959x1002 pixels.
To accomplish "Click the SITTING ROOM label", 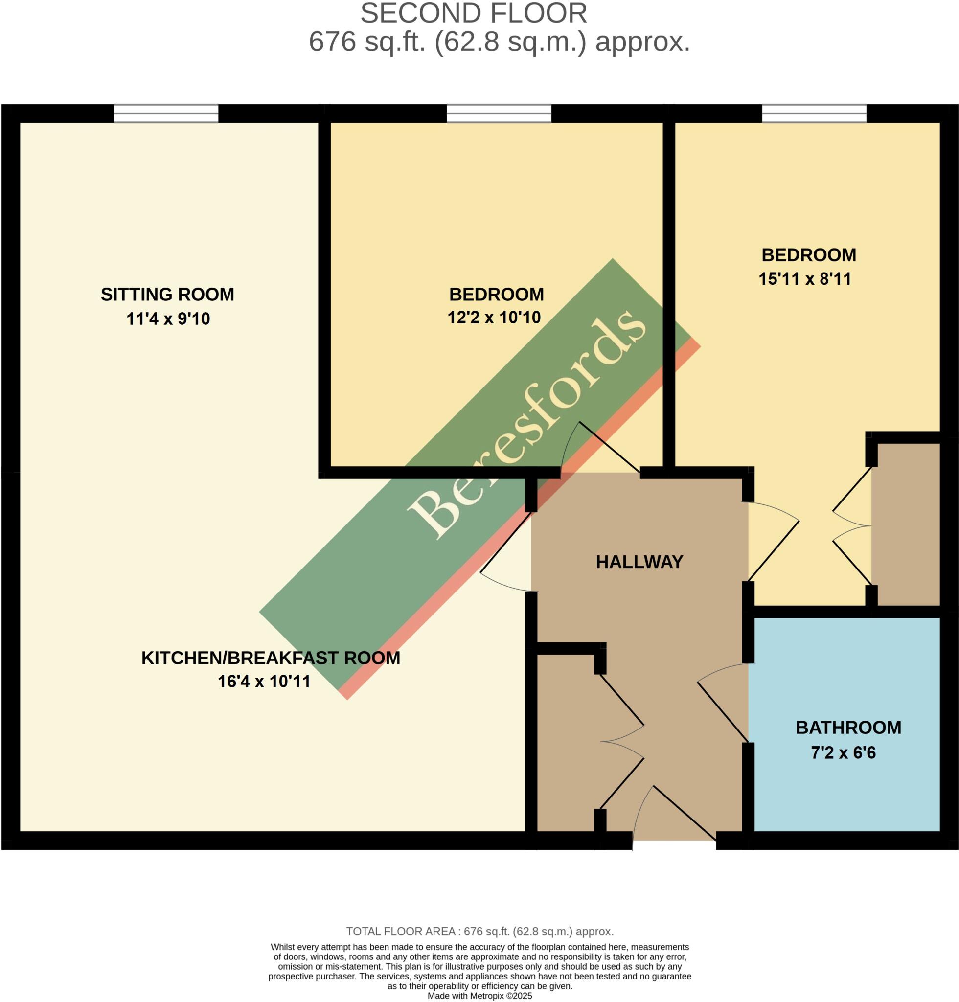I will click(167, 295).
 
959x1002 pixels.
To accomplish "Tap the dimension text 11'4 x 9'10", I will click(168, 319).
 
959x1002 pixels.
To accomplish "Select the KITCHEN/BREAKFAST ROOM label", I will click(271, 658).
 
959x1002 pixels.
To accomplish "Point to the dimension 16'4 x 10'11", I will click(264, 682).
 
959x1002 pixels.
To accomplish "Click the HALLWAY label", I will click(639, 562).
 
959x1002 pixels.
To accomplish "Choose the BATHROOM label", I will click(848, 728).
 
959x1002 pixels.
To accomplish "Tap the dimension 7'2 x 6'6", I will click(844, 753).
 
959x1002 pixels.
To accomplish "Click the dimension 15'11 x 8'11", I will click(804, 279).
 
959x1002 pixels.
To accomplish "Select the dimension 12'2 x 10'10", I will click(494, 318).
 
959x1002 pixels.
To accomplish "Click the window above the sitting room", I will click(166, 114).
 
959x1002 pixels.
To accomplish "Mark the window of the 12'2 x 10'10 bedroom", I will click(499, 114).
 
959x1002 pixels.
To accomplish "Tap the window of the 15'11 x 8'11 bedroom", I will click(814, 114).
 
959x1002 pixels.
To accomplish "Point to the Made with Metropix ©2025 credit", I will click(479, 996).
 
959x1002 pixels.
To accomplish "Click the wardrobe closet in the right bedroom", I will click(905, 524).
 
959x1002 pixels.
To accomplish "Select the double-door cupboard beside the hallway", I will click(568, 741).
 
